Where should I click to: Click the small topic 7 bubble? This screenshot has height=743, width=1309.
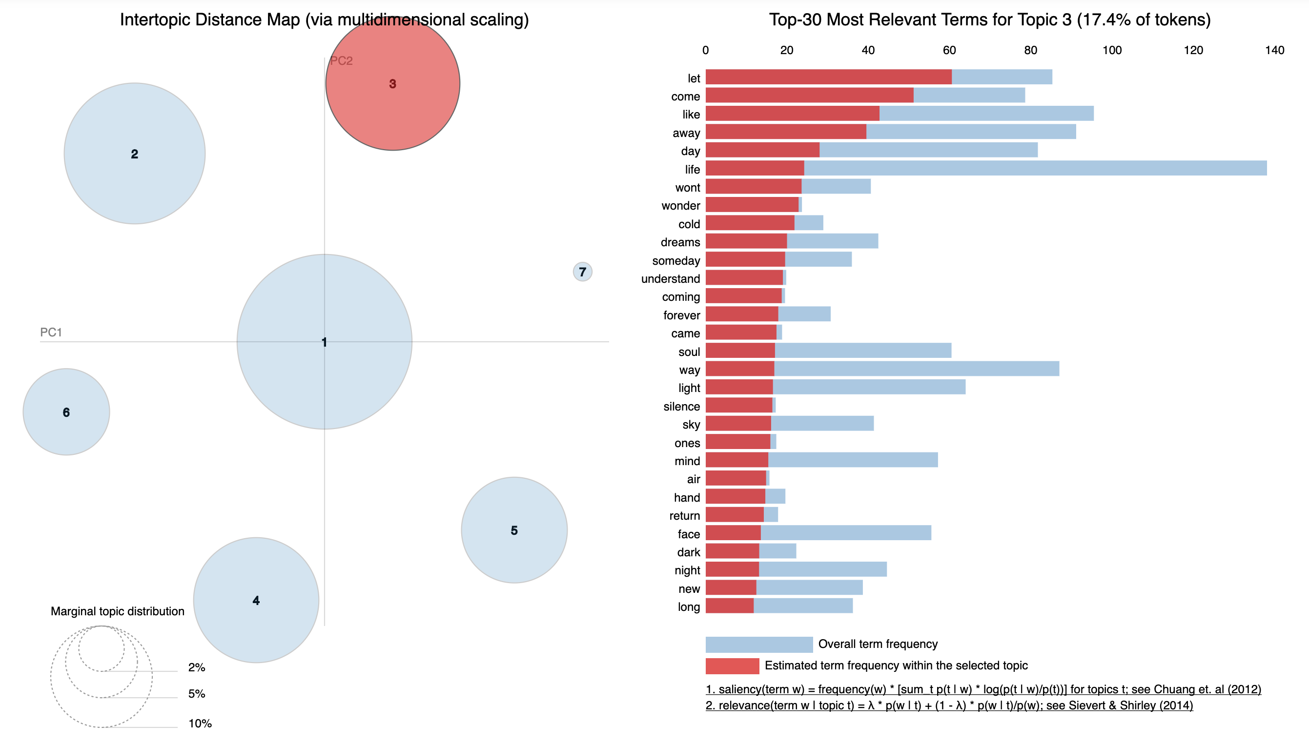tap(582, 272)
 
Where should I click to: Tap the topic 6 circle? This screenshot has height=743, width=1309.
tap(66, 412)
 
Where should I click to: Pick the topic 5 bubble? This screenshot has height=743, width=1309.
tap(514, 530)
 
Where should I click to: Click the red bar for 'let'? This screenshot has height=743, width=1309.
tap(828, 77)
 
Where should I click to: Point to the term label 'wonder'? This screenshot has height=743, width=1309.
tap(680, 206)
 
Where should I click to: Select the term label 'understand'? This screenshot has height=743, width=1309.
tap(670, 279)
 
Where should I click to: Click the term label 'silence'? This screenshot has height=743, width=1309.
tap(681, 406)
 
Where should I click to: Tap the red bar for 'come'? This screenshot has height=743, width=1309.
tap(809, 96)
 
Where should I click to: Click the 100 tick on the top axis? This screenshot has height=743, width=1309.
tap(1112, 50)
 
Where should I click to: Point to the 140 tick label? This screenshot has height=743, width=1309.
tap(1274, 50)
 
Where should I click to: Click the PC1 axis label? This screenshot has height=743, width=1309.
tap(51, 332)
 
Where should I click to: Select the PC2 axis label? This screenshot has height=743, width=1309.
tap(341, 61)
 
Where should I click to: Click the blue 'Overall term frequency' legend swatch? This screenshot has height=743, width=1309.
tap(758, 644)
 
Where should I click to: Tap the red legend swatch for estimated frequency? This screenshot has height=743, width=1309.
tap(732, 665)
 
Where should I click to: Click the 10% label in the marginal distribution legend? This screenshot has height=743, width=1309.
tap(200, 723)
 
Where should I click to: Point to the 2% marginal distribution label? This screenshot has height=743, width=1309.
tap(197, 667)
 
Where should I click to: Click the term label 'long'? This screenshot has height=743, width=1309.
tap(689, 607)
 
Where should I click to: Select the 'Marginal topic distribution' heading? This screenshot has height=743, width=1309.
tap(118, 611)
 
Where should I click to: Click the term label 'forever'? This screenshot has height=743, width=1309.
tap(681, 315)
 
